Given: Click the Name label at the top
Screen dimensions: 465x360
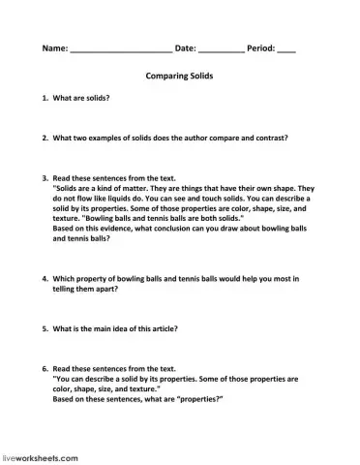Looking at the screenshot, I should tap(55, 47).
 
